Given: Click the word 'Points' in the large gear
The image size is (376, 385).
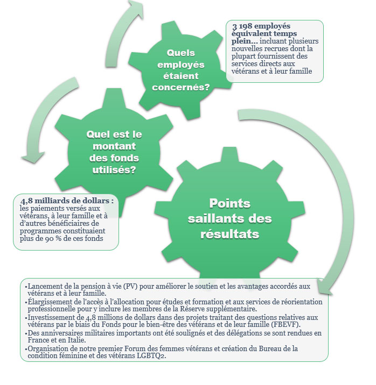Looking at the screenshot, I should [230, 204].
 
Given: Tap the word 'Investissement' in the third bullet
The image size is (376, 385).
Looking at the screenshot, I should [51, 317].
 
